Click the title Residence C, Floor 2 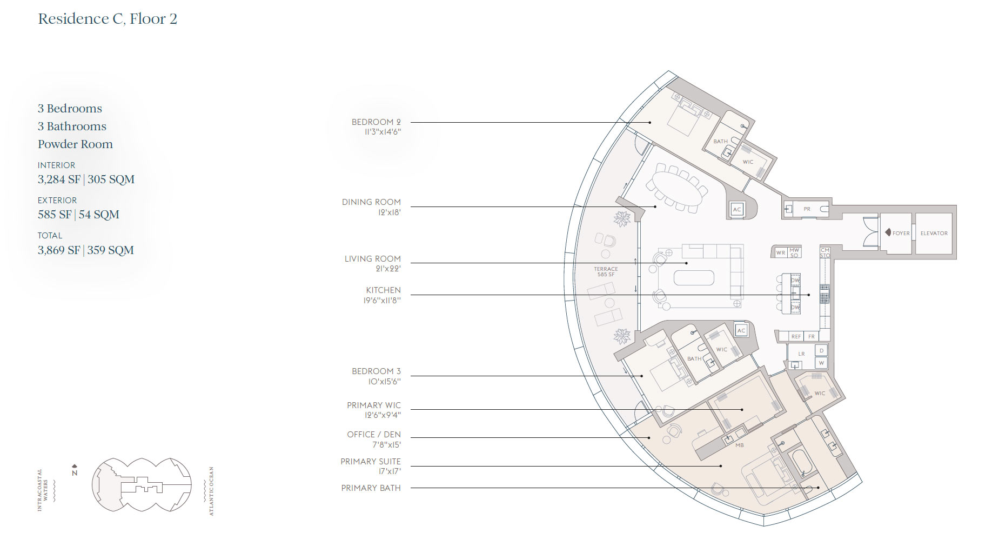click(x=108, y=19)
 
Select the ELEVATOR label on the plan click(x=934, y=234)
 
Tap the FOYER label click(x=901, y=234)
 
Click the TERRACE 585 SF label click(x=606, y=271)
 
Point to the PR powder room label click(x=807, y=209)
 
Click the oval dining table click(x=678, y=188)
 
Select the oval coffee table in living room click(x=694, y=278)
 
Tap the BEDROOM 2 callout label click(x=376, y=126)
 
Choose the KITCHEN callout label click(x=383, y=295)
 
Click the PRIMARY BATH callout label click(x=371, y=488)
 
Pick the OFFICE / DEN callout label click(x=374, y=440)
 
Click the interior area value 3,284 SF click(x=59, y=179)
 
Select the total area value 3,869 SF click(x=59, y=250)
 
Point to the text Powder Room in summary click(x=75, y=144)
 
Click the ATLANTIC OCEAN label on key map click(x=211, y=491)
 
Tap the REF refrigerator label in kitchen click(x=796, y=336)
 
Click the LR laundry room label click(x=802, y=354)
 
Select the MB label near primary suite click(x=740, y=445)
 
